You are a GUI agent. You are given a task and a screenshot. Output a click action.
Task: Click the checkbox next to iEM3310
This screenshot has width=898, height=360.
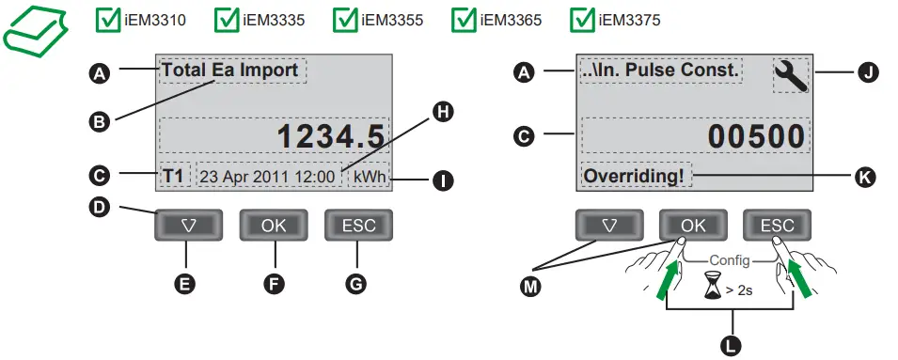pos(108,19)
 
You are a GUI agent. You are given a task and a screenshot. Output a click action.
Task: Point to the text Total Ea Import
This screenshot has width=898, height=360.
pos(230,70)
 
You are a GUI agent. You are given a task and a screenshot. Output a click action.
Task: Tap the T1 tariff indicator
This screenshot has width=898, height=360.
pos(173,176)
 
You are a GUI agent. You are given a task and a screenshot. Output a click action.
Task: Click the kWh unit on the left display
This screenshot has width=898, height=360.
pos(370,176)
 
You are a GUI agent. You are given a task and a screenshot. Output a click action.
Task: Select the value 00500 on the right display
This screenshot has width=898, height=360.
pos(757,136)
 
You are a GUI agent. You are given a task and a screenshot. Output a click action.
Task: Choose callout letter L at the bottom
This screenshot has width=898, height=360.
pos(730,344)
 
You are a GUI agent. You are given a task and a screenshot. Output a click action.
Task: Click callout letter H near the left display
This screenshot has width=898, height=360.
pos(441,112)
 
